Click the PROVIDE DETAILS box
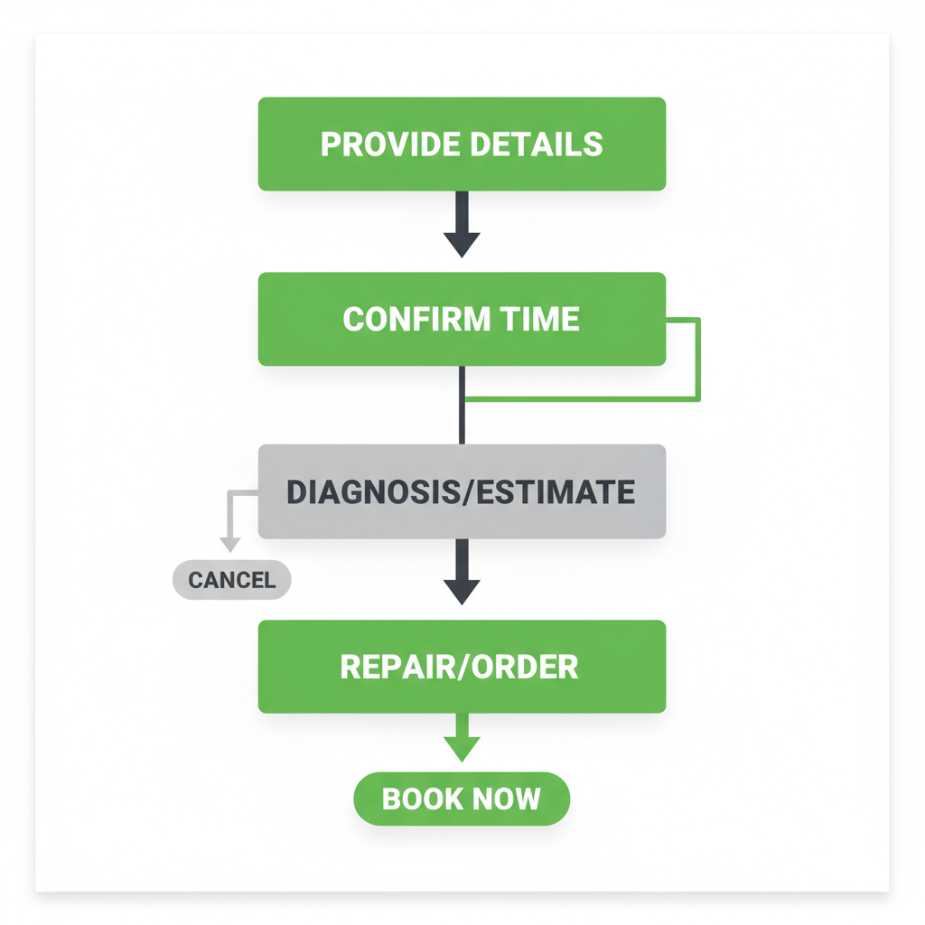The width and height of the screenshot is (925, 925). coord(462,145)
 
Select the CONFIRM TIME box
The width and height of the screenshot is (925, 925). coord(462,319)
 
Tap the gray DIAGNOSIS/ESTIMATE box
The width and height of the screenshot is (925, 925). coord(462,492)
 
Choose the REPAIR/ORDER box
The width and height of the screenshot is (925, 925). coord(462,667)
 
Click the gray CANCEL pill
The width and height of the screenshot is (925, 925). coord(231,580)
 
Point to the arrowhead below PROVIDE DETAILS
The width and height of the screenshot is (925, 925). coord(462,242)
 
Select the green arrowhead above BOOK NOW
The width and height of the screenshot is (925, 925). coord(462,747)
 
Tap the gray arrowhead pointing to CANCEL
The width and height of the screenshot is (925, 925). coord(230,543)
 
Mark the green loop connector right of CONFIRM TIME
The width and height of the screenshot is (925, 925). coord(698,359)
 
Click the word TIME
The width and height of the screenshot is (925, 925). coord(540,319)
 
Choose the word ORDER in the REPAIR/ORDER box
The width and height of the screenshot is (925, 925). coord(526,667)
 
